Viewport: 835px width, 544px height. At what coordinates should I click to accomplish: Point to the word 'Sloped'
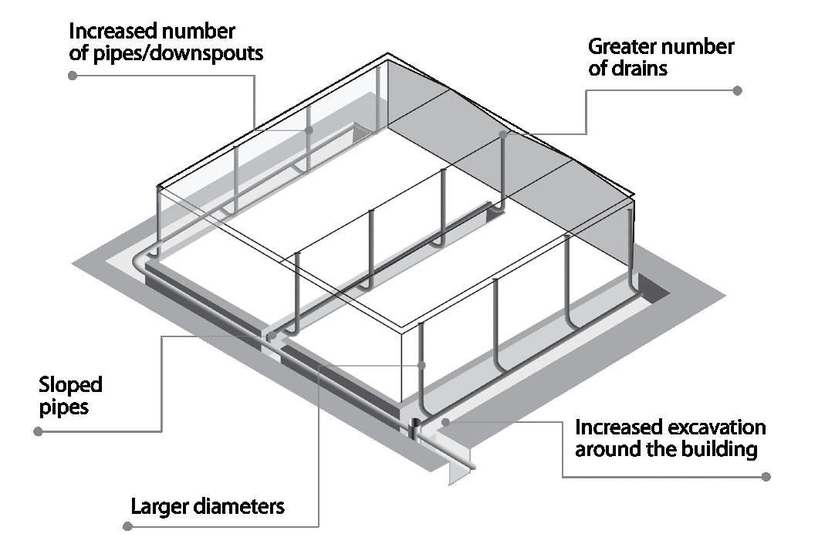(x=70, y=384)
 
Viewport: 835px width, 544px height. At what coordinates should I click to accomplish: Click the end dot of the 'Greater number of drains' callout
(x=737, y=90)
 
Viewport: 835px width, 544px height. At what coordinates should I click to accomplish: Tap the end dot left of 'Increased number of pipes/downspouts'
(x=73, y=75)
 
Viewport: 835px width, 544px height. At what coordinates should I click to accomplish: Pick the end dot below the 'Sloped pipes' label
(x=39, y=431)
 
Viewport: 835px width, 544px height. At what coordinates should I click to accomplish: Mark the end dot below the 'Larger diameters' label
(x=128, y=526)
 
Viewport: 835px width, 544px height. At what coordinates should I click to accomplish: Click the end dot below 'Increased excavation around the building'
(x=766, y=476)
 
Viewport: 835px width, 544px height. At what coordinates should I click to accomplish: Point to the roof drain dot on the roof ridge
(x=502, y=134)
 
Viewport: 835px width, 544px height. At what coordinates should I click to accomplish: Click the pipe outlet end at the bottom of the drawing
(x=472, y=466)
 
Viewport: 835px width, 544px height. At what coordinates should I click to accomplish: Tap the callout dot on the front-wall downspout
(x=421, y=364)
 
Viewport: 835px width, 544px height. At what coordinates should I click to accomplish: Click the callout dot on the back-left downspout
(x=309, y=130)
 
